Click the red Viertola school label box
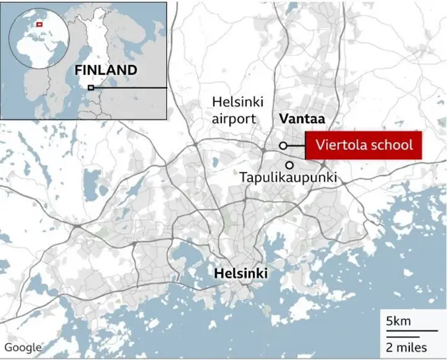tap(364, 145)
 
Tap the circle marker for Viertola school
tap(283, 145)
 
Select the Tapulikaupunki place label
tap(288, 178)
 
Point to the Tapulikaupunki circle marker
tap(289, 164)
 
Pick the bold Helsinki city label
tap(242, 272)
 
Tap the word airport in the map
tap(235, 119)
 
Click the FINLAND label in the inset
tap(106, 70)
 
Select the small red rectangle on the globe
tap(39, 24)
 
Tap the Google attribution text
tap(23, 347)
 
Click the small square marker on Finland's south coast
tap(90, 87)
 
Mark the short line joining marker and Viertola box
tap(296, 145)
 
